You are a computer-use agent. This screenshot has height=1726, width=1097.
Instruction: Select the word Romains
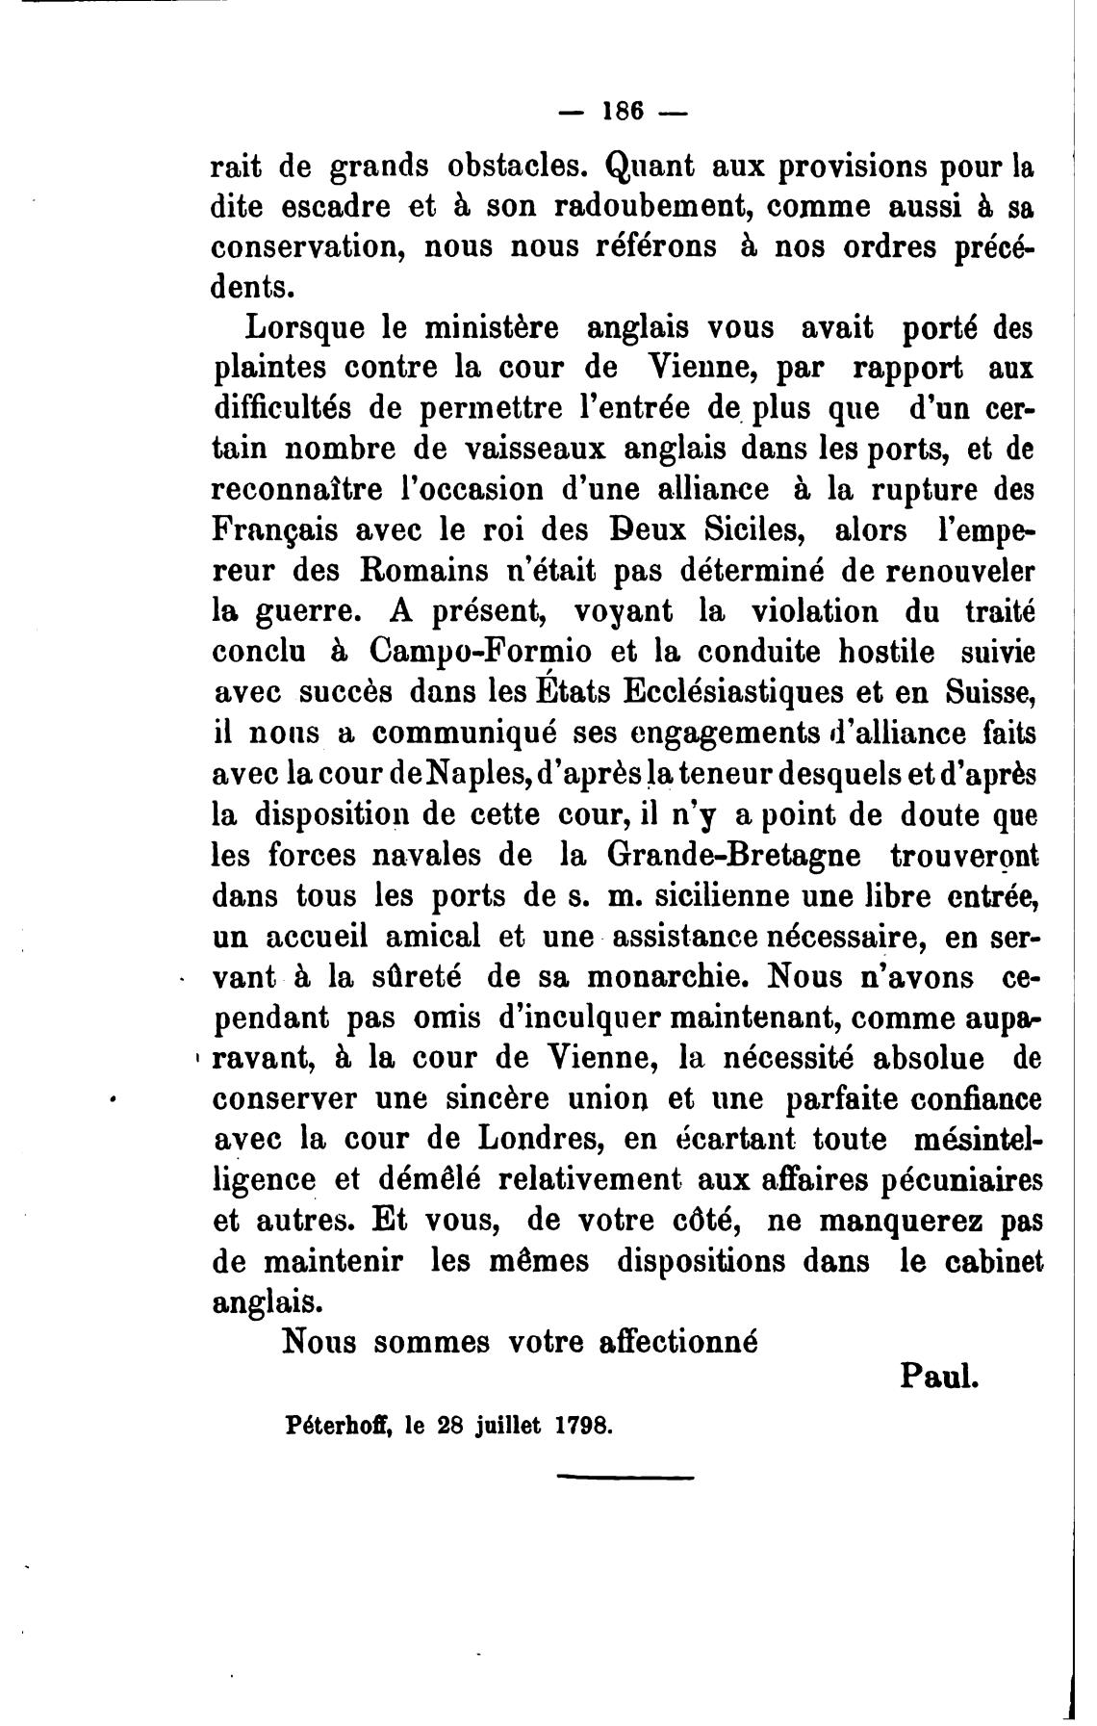[x=420, y=572]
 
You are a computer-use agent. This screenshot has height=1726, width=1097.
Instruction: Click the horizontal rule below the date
[x=625, y=1504]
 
